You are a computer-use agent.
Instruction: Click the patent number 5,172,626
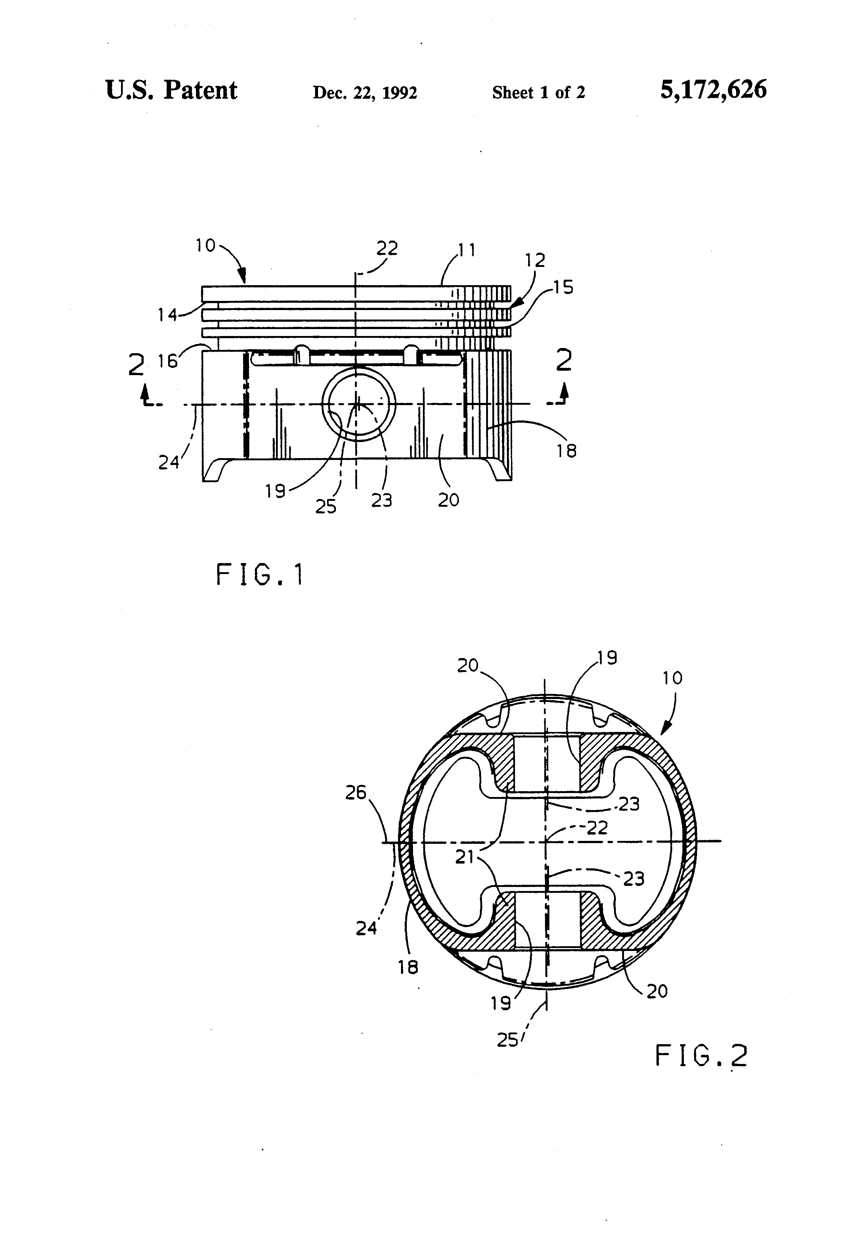[713, 90]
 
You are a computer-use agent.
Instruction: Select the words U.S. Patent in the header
[171, 90]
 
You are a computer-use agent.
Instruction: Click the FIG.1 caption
[260, 575]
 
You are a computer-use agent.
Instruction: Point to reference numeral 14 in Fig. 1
[167, 315]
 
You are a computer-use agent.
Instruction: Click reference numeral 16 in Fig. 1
[167, 361]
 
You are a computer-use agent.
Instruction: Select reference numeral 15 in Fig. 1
[563, 288]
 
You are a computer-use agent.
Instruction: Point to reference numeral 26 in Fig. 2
[355, 792]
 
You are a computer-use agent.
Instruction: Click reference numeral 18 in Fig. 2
[408, 967]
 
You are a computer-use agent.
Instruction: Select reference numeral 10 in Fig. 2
[672, 678]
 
